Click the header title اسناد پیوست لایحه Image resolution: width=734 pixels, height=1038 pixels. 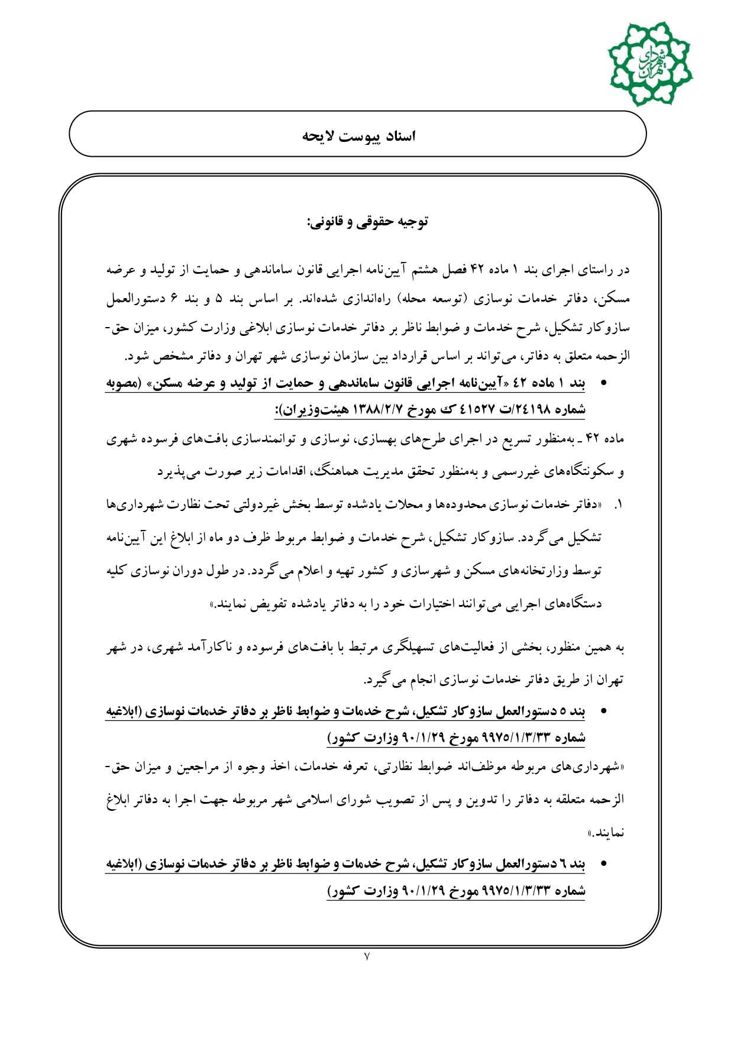359,136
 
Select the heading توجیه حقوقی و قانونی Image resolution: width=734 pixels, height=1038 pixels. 367,222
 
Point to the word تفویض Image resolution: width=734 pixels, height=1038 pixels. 273,604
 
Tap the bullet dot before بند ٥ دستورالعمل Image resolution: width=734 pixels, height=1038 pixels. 603,712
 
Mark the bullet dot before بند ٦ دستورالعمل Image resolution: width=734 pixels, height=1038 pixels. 603,864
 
